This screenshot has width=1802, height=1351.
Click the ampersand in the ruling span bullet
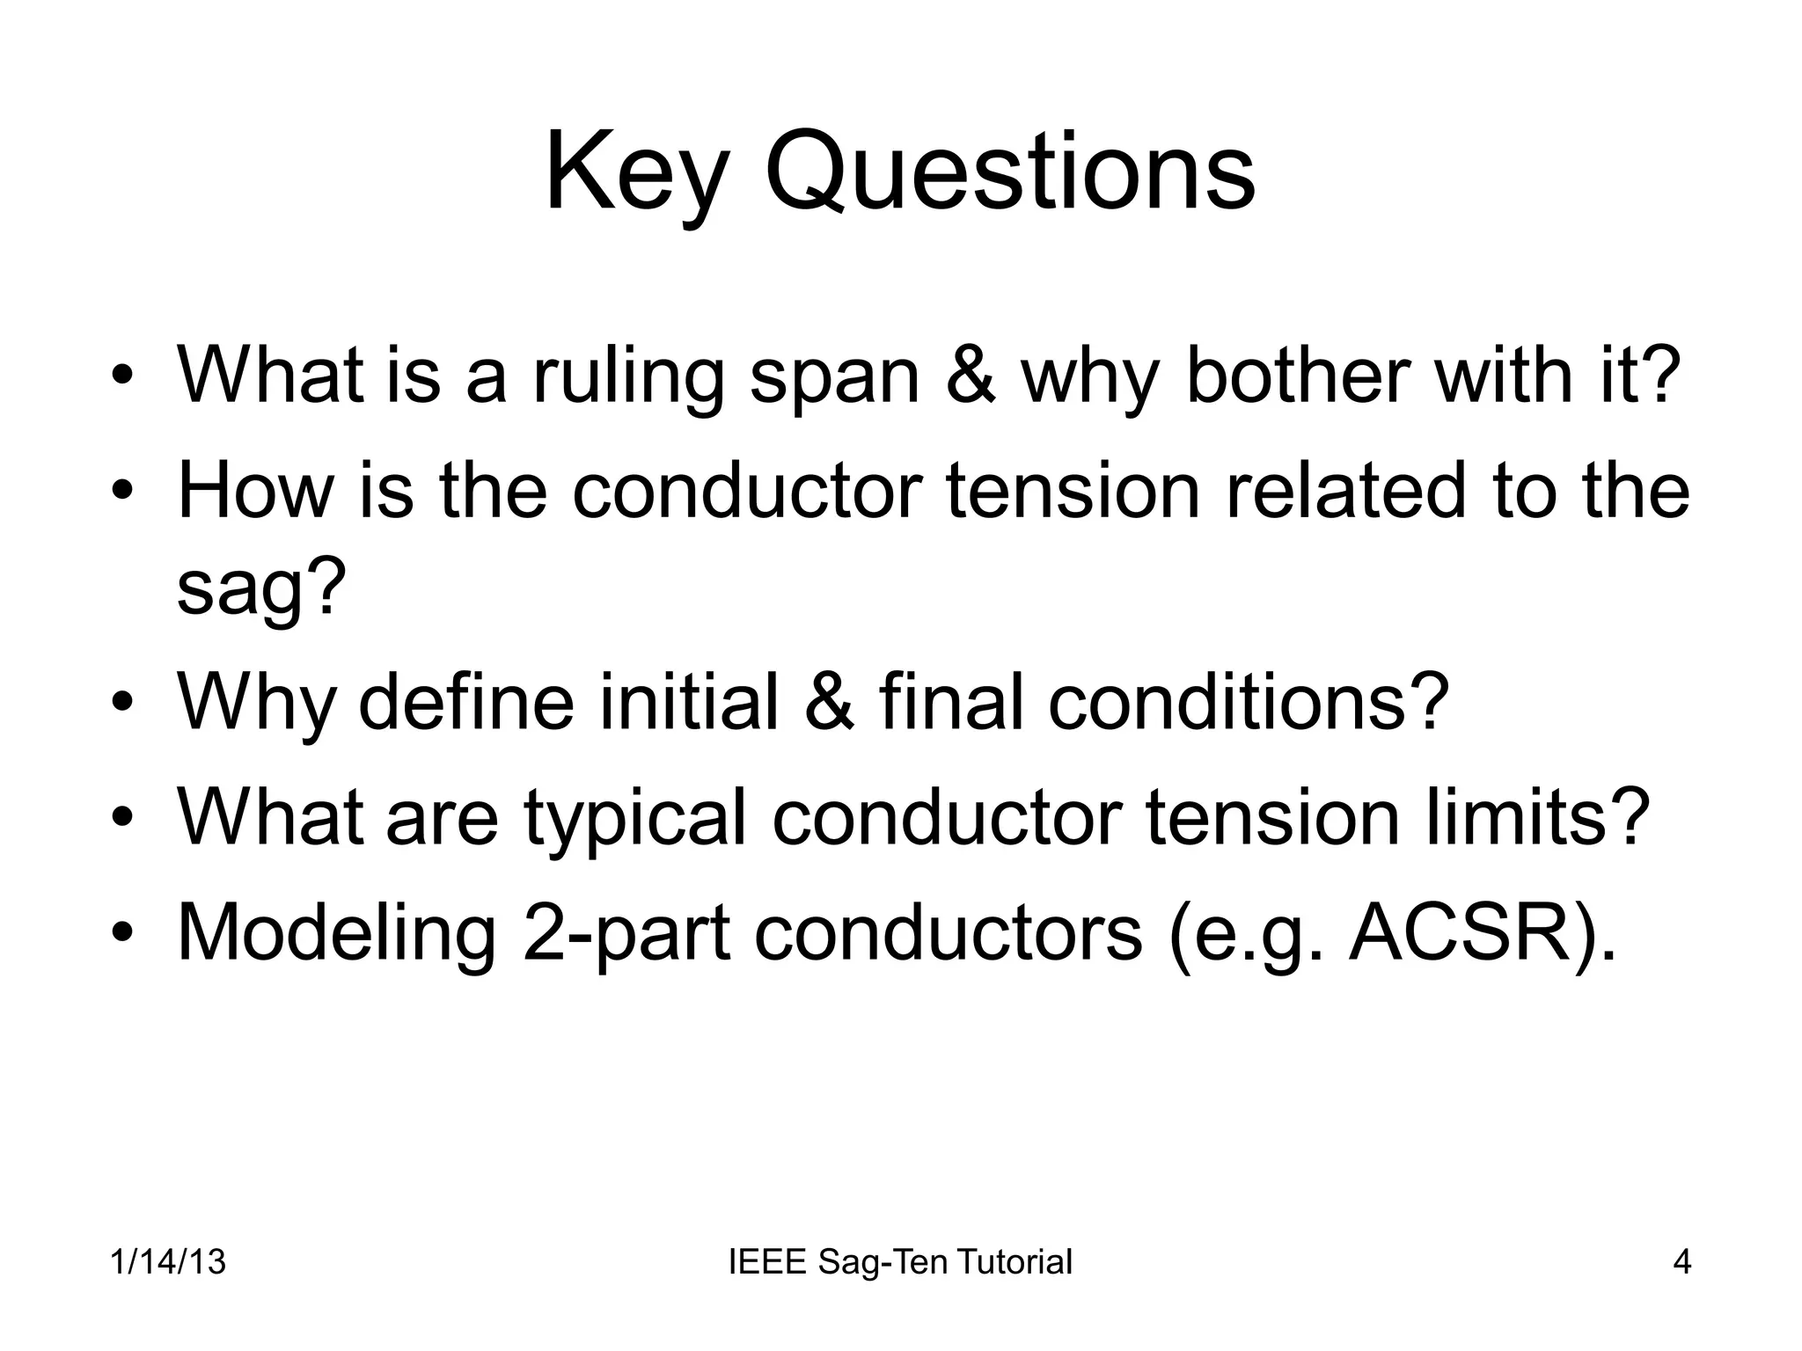[x=970, y=376]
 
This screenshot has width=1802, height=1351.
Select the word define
[x=465, y=701]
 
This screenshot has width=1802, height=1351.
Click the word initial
[x=689, y=701]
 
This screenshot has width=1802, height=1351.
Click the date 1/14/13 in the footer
[x=168, y=1262]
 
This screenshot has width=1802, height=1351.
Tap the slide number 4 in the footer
[x=1681, y=1262]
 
